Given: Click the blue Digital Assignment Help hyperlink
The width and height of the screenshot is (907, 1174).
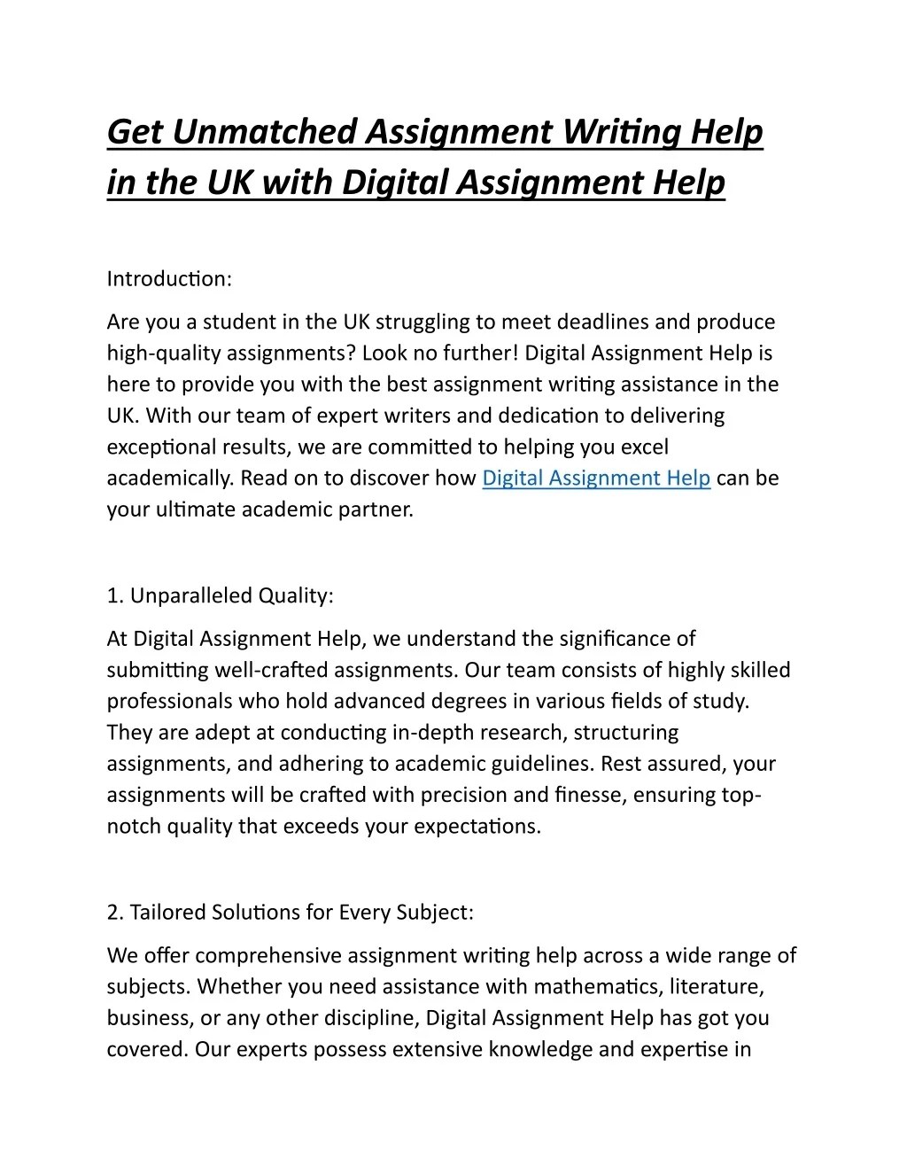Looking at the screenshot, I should (x=596, y=478).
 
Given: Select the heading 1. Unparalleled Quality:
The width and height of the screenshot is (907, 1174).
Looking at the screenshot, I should (x=220, y=595).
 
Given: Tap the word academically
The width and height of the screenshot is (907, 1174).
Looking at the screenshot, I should (x=170, y=478).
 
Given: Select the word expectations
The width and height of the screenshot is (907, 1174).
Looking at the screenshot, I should (x=485, y=827).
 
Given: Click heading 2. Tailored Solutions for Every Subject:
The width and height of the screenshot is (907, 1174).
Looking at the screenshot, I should (x=291, y=912).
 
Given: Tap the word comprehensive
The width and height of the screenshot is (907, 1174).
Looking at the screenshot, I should (x=267, y=956).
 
